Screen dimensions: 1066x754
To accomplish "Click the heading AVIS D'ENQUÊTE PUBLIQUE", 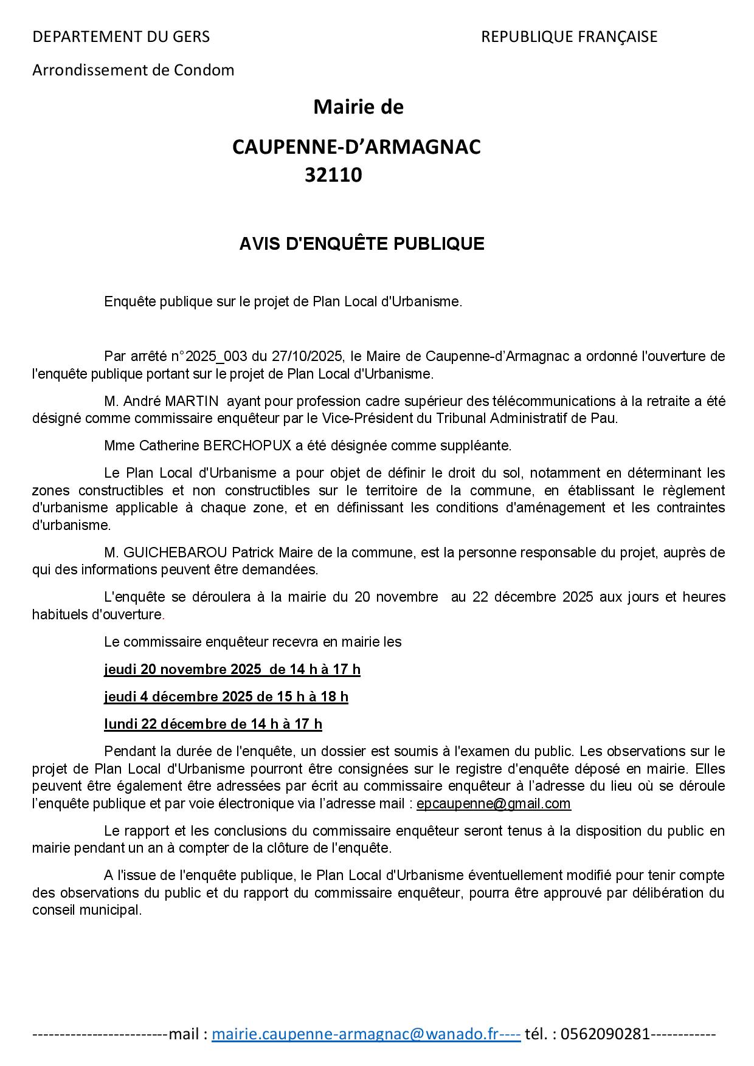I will [361, 244].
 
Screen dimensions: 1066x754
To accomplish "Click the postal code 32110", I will [333, 175].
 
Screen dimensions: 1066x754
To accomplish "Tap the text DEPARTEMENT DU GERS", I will [120, 36].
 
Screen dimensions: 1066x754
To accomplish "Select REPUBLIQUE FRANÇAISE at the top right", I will [569, 36].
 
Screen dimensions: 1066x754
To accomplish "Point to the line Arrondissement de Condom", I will [133, 70].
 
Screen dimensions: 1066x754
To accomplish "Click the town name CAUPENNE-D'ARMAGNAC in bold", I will [356, 146].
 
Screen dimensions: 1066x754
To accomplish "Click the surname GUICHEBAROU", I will [175, 552].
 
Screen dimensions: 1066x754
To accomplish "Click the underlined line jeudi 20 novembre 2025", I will [232, 669].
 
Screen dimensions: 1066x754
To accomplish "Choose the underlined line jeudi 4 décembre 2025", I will [226, 696].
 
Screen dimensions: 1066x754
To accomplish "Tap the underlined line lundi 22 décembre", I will [213, 724].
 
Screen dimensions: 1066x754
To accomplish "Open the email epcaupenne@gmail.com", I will [493, 803].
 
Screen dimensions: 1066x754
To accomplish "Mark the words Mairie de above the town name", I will [358, 107].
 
